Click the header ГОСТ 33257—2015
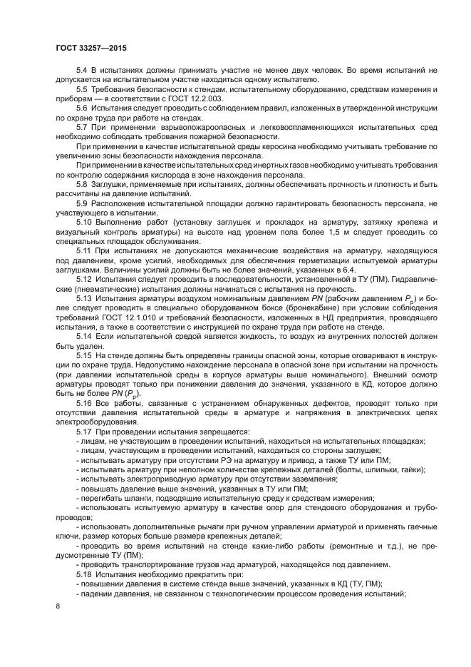point(86,49)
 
